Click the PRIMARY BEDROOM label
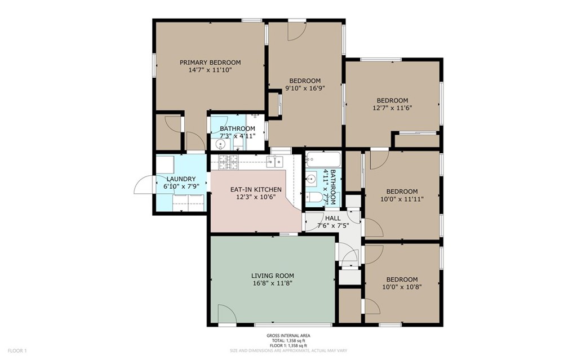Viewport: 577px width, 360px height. [210, 63]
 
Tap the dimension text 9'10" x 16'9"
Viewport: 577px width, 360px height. [305, 88]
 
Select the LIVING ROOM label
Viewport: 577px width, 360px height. [272, 275]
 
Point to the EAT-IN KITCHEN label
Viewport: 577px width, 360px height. [256, 189]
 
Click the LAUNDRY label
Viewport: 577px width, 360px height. [180, 179]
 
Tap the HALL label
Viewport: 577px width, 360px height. [333, 218]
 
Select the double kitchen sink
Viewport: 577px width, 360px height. [277, 162]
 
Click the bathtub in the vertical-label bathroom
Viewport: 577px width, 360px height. [323, 159]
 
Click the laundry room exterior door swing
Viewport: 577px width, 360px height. [144, 185]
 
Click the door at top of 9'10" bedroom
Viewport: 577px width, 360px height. [296, 32]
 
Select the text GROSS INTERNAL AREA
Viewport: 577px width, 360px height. [288, 336]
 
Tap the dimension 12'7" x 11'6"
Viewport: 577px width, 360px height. [392, 108]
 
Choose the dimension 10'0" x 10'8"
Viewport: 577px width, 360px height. [402, 287]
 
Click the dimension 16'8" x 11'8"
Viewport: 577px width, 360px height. [272, 283]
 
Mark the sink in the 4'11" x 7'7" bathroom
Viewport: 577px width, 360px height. [312, 180]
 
